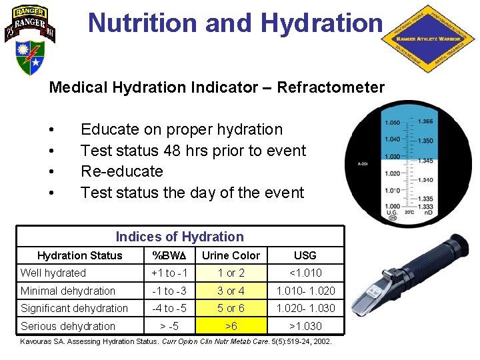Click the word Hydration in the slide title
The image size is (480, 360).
tap(322, 23)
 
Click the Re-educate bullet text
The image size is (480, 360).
tap(121, 171)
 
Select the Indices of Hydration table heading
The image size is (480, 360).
tap(179, 237)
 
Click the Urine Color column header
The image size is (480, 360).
tap(231, 255)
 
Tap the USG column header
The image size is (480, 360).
tap(305, 255)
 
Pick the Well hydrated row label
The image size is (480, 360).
tap(53, 273)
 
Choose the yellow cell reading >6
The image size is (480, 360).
tap(231, 326)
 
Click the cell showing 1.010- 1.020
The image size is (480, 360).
tap(305, 291)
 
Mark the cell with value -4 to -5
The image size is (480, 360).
tap(169, 308)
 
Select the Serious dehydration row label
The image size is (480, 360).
tap(68, 326)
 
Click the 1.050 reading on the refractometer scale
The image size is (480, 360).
tap(392, 123)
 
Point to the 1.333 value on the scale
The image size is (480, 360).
tap(425, 207)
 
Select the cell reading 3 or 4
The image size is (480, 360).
tap(231, 291)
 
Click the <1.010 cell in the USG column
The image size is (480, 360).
tap(305, 273)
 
